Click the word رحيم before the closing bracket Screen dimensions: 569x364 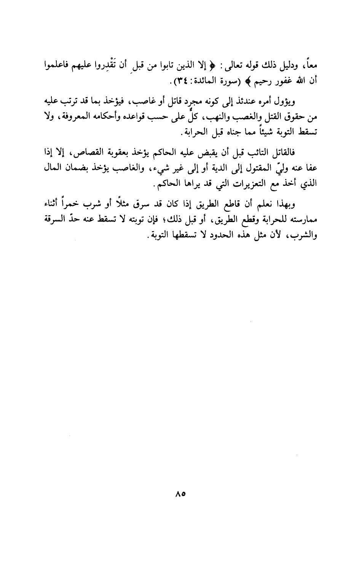tap(265, 81)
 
